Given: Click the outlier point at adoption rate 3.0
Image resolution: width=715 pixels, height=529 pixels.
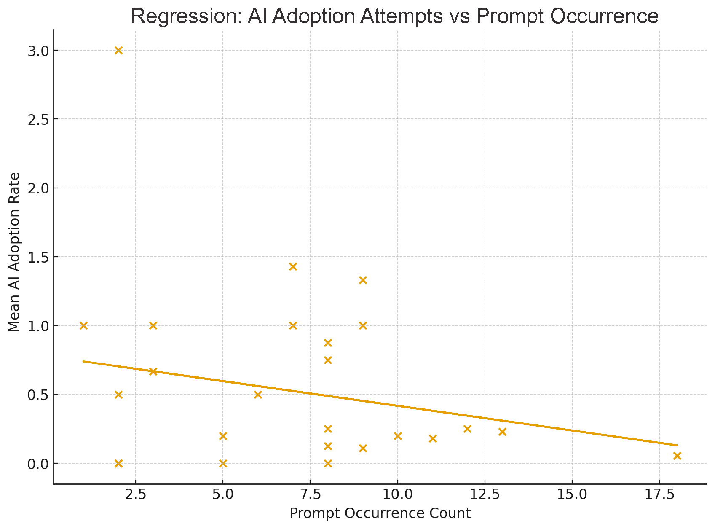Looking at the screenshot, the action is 118,50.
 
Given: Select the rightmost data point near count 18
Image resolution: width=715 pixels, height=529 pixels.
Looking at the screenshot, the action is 677,456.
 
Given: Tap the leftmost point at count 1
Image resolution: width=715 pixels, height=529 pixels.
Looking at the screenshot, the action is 83,325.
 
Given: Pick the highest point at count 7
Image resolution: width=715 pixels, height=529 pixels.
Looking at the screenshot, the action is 293,266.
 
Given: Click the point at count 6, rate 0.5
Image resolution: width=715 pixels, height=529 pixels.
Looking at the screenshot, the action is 258,395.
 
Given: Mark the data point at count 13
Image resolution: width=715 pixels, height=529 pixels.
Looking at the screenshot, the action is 502,432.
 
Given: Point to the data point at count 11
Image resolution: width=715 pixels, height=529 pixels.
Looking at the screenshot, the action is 433,438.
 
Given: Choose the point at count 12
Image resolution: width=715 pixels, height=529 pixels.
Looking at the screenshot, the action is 467,429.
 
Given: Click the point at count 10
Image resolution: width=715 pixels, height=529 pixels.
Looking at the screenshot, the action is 398,436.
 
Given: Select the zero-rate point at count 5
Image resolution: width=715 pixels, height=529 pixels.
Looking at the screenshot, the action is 223,464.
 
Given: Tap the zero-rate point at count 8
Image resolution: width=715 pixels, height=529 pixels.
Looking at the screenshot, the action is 328,464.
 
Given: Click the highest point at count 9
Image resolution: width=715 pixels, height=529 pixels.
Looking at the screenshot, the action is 363,280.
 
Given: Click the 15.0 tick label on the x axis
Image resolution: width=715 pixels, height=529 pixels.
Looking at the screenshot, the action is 572,494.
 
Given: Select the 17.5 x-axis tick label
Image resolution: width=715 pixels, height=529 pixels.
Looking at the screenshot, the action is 659,494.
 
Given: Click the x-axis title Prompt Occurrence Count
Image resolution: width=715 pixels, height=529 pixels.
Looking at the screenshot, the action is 380,513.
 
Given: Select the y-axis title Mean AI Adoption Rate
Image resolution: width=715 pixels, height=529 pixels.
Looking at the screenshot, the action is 14,252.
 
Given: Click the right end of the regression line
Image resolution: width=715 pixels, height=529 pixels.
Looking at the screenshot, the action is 677,445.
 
